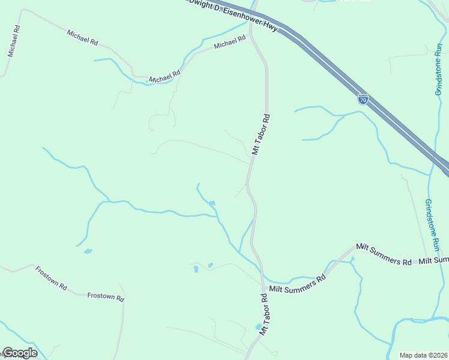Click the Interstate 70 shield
tap(363, 99)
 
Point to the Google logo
tap(20, 353)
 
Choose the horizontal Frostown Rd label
tap(106, 296)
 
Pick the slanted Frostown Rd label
tap(50, 278)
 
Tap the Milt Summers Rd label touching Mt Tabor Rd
tap(297, 284)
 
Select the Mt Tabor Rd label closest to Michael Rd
tap(262, 135)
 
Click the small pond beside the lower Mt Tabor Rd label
tap(259, 327)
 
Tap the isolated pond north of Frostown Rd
tap(88, 251)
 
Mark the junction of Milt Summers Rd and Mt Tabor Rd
tap(263, 286)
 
